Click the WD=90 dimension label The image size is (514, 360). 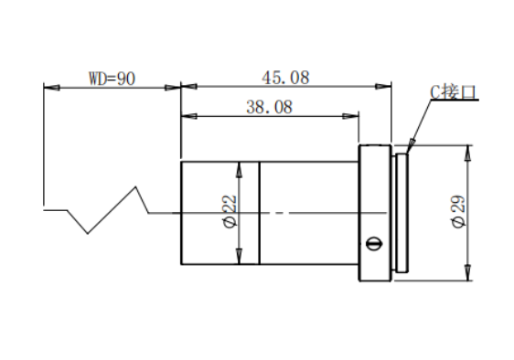(x=112, y=79)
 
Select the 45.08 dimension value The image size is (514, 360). (x=285, y=78)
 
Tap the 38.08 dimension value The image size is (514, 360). (x=269, y=107)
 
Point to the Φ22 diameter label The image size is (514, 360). (x=230, y=211)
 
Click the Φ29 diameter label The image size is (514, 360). (x=458, y=211)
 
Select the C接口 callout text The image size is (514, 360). (x=453, y=91)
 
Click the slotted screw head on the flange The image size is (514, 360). (x=374, y=243)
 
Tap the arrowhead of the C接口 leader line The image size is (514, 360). (x=411, y=145)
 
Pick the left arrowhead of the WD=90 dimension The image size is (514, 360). (x=52, y=88)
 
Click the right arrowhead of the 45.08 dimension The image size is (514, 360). (x=383, y=87)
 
